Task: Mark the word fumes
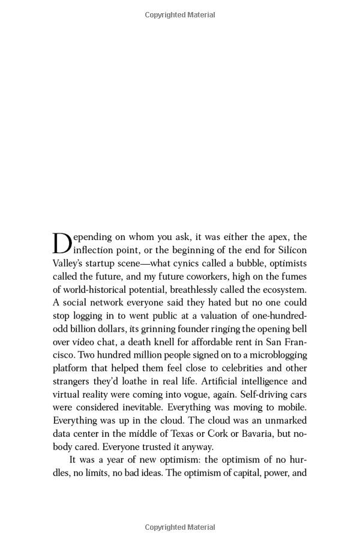pyautogui.click(x=293, y=277)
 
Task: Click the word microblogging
pyautogui.click(x=273, y=355)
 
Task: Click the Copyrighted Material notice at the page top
pyautogui.click(x=180, y=15)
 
